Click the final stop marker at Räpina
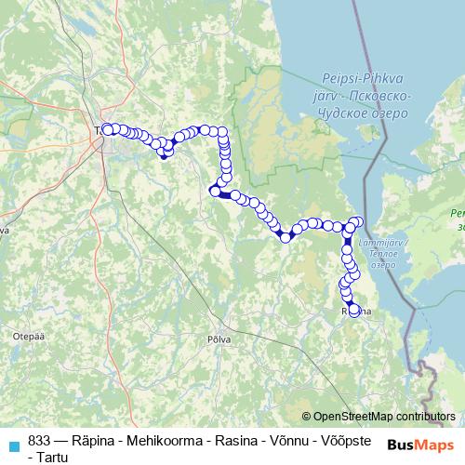click(x=353, y=311)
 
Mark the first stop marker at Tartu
click(x=107, y=129)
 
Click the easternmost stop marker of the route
click(x=359, y=221)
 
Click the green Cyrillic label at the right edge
click(x=458, y=219)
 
